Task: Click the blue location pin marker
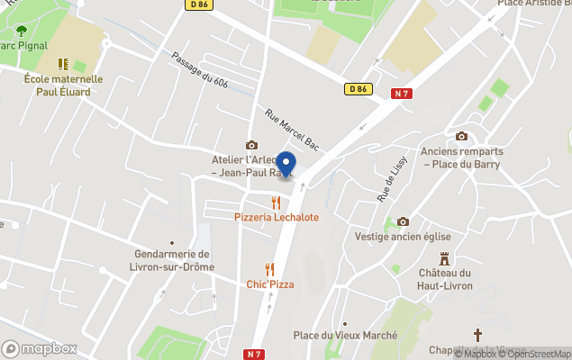coord(286,165)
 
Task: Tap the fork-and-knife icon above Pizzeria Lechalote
coord(277,202)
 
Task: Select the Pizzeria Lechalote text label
coord(277,218)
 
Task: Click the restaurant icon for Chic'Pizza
coord(269,269)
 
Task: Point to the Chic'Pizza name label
coord(270,284)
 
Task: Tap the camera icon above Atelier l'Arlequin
coord(251,145)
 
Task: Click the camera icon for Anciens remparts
coord(462,136)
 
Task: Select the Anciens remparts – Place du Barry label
coord(462,157)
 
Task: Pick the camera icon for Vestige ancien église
coord(403,221)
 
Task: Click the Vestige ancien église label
coord(403,238)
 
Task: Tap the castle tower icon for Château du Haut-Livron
coord(445,258)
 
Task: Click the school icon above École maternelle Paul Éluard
coord(63,64)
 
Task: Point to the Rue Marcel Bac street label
coord(293,130)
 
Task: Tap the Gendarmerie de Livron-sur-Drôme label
coord(171,260)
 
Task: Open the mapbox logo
coord(39,348)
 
